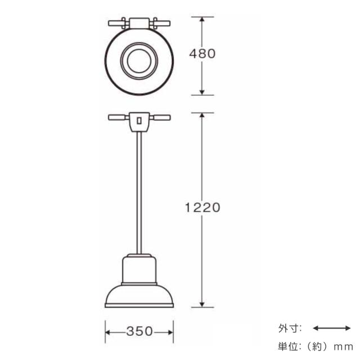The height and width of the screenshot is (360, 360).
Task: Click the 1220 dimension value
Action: point(202,206)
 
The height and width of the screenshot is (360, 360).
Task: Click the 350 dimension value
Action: point(138,331)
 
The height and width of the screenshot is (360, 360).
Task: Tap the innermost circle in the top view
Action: point(138,60)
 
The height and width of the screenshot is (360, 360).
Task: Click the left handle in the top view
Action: point(117,24)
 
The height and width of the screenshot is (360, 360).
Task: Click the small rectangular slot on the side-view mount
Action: point(138,120)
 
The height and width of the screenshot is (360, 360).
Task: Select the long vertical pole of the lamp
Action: point(138,191)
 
